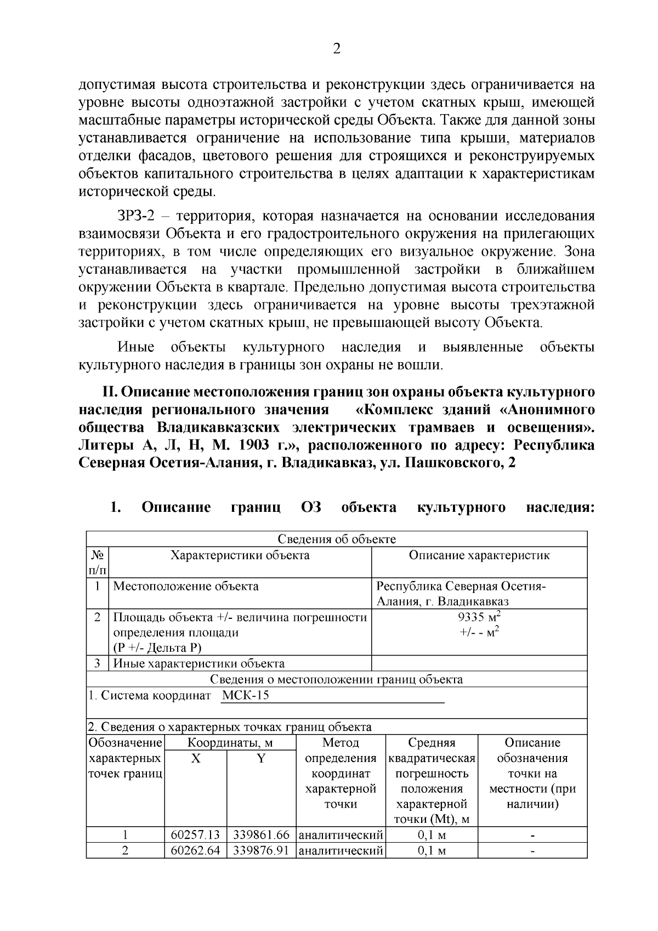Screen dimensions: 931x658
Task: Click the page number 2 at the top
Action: click(337, 49)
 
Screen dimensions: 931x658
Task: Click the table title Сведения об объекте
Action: click(337, 539)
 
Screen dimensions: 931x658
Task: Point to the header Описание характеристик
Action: click(479, 555)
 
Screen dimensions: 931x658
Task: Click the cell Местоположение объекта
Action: click(186, 586)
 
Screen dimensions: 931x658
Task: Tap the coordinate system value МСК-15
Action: click(246, 696)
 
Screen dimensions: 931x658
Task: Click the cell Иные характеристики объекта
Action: click(198, 663)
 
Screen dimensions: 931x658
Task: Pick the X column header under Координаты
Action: click(195, 758)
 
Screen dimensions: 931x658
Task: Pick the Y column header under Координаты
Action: click(261, 758)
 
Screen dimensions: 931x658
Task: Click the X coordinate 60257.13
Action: click(195, 836)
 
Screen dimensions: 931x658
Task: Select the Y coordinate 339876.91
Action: click(261, 851)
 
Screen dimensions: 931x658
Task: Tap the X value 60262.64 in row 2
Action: click(195, 851)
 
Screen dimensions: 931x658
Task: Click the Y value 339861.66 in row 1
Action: click(261, 836)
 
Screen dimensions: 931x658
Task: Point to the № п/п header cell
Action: click(98, 562)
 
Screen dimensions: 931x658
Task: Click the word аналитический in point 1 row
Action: click(341, 836)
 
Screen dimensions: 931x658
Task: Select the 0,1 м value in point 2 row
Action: click(432, 851)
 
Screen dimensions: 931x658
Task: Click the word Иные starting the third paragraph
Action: click(135, 347)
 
